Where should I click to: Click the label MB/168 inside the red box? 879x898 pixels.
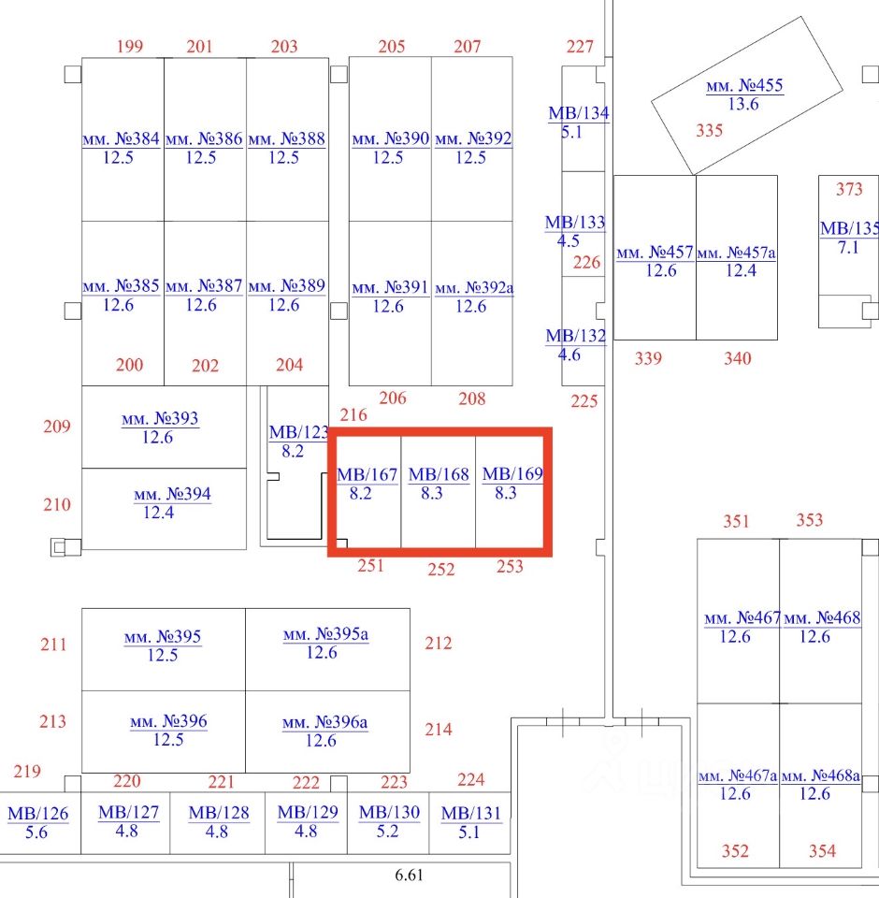439,474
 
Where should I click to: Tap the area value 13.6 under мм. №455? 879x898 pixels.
743,104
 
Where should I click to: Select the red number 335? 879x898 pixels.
710,130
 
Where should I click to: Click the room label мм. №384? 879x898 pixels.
121,138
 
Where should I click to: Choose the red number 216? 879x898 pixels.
353,414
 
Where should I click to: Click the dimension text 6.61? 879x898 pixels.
411,876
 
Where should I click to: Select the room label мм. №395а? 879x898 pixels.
326,635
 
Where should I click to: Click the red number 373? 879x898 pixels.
849,189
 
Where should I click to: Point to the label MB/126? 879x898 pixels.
38,814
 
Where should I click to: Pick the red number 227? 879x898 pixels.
580,47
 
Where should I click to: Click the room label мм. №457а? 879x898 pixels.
737,253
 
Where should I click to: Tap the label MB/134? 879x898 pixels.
579,114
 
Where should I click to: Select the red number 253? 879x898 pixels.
510,566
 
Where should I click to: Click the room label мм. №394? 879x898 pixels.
172,494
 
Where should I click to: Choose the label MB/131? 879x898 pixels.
471,813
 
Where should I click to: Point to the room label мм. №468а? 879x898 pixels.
820,776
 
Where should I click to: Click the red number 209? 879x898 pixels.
57,427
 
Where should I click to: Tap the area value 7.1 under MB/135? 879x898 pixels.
848,248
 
